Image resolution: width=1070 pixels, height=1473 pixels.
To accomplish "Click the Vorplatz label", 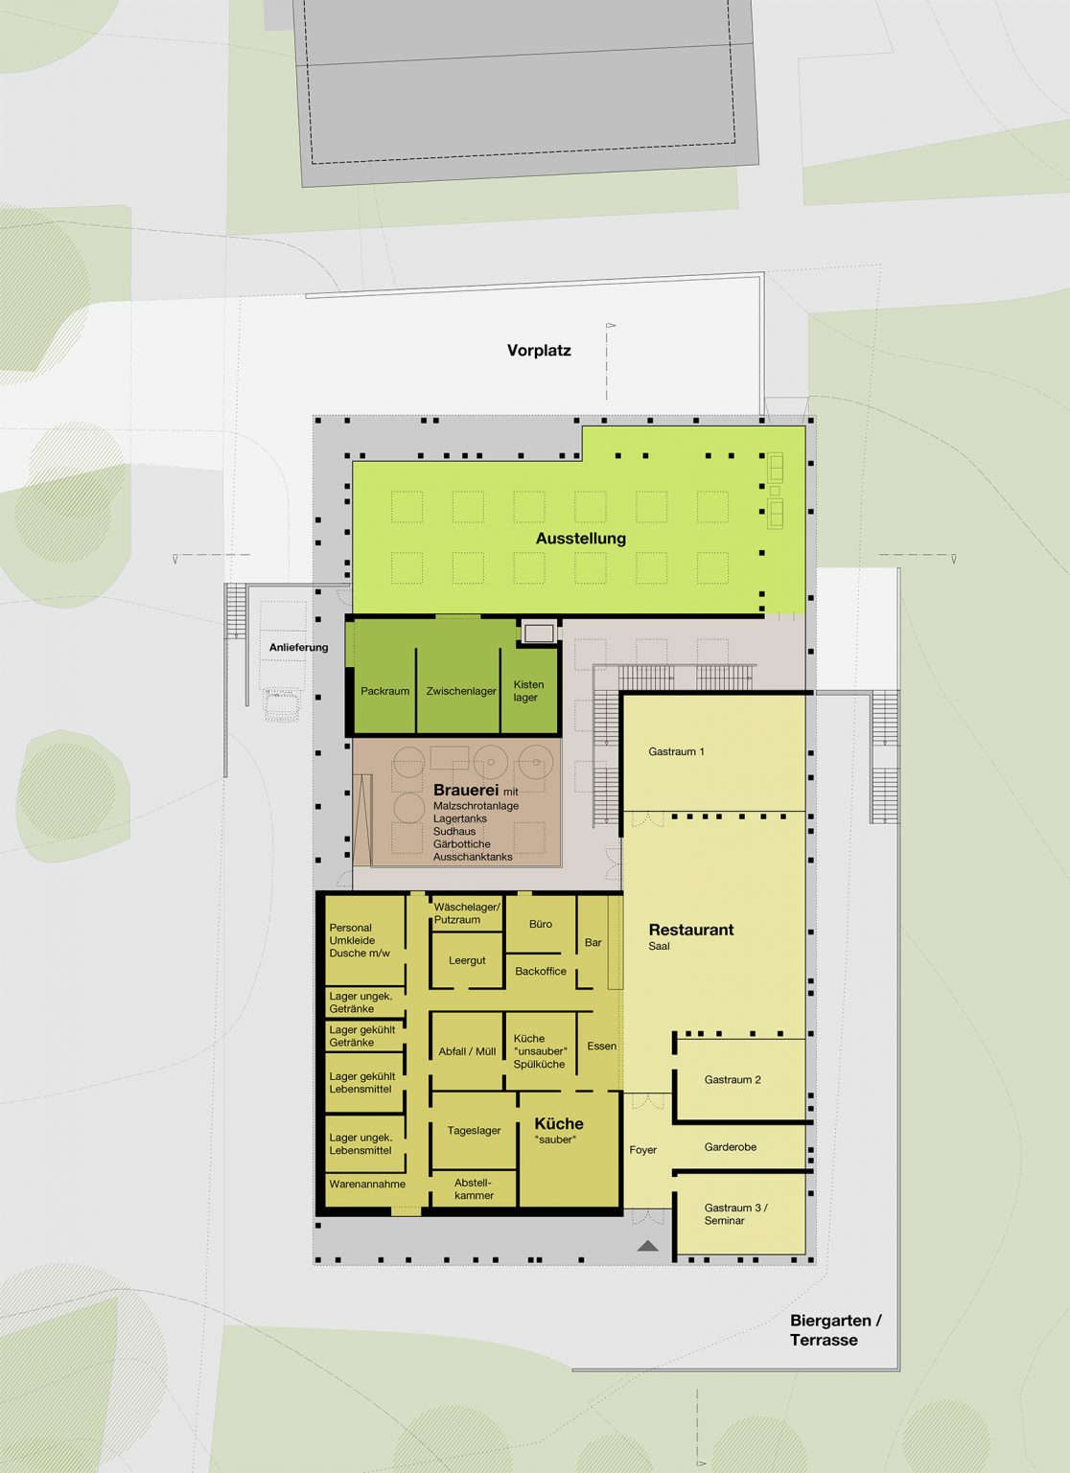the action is point(538,351).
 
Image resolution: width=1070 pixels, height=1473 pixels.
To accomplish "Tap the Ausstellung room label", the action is point(580,539).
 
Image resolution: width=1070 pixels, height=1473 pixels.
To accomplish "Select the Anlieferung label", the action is point(298,648).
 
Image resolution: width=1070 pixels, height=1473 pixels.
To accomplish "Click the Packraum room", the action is point(384,690).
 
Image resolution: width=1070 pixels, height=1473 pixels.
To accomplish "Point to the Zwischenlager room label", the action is point(460,691).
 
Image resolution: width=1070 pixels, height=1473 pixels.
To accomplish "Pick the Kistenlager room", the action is point(530,690).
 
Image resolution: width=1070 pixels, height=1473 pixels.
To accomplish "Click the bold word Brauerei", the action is point(466,790).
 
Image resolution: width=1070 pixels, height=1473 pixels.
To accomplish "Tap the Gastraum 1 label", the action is point(676,751).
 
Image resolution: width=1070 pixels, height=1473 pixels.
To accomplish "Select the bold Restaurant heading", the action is point(691,930).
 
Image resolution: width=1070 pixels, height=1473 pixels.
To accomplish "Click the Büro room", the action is point(540,924).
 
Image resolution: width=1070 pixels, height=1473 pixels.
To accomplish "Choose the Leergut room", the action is point(467,960).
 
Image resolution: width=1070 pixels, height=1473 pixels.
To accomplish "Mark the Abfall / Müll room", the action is point(467,1051).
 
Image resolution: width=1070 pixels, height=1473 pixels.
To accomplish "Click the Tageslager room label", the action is point(474,1131).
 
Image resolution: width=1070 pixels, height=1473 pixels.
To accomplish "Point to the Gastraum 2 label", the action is point(733,1079).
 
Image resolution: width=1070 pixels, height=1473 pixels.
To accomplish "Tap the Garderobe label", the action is point(730,1147).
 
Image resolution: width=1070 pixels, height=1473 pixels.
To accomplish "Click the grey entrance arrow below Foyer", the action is point(647,1246).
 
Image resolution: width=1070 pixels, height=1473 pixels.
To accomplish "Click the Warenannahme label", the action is point(367,1185).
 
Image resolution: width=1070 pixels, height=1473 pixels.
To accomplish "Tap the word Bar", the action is point(593,942).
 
